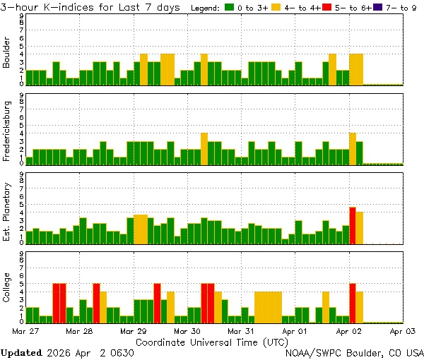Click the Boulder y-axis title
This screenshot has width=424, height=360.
coord(7,54)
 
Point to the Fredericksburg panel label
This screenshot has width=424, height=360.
coord(7,131)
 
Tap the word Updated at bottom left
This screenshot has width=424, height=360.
coord(21,352)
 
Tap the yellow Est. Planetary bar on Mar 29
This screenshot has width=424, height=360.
coord(141,229)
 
